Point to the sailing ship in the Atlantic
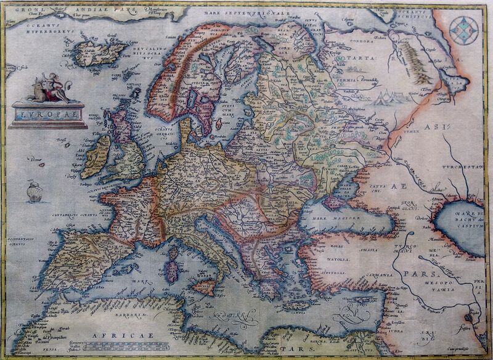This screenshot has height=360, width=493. click(35, 192)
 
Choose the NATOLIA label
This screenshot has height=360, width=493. click(336, 261)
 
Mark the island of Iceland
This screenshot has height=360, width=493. click(99, 52)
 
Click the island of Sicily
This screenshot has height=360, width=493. click(204, 287)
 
